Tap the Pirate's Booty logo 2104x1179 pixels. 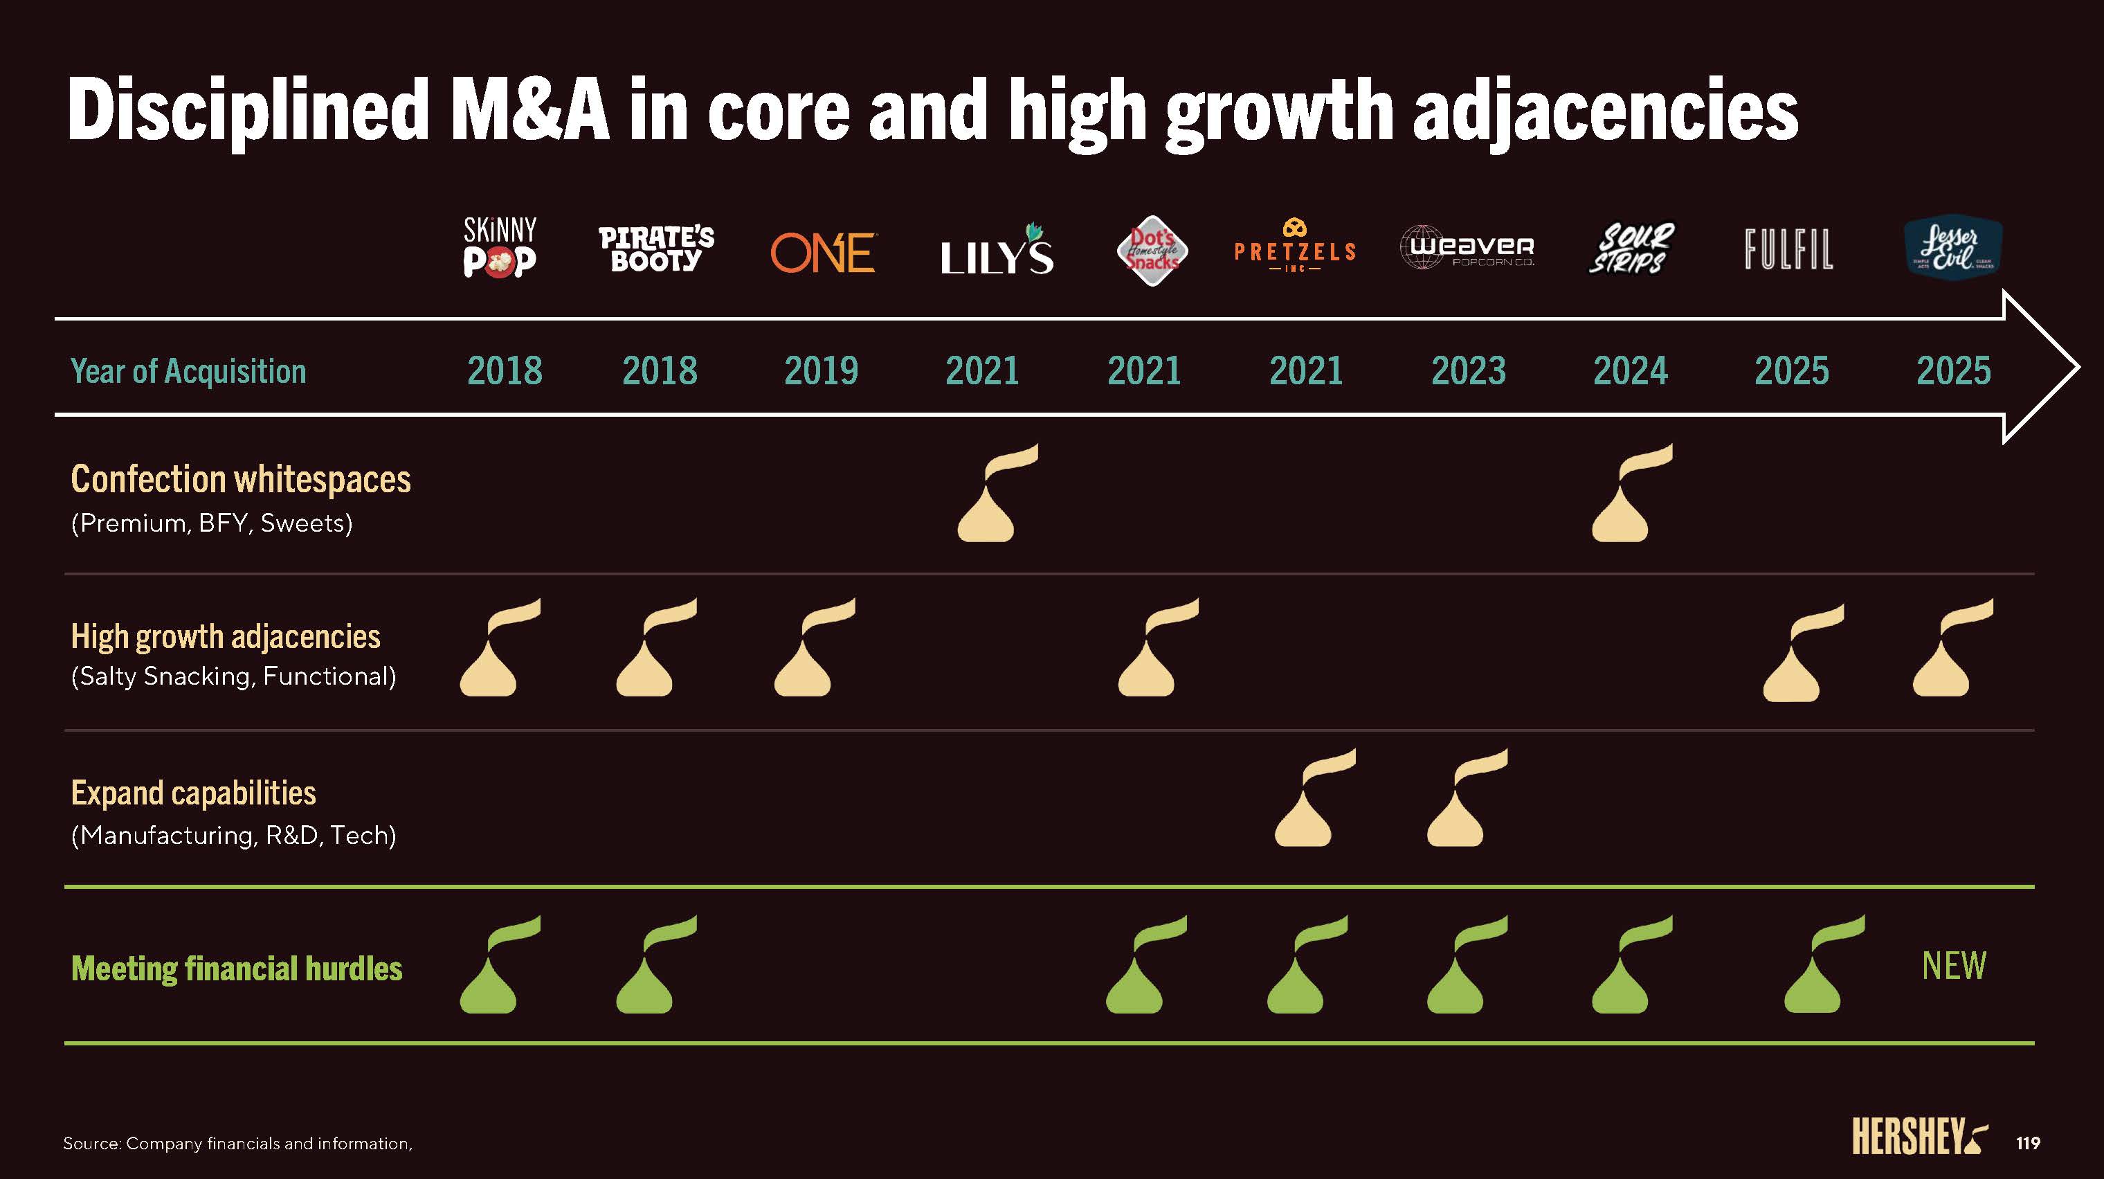click(x=656, y=249)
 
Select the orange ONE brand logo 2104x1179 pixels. click(x=822, y=253)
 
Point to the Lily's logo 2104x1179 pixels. click(x=997, y=249)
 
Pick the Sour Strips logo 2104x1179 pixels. click(x=1631, y=249)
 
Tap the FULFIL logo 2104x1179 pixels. click(x=1788, y=249)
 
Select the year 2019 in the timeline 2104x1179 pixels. click(x=821, y=371)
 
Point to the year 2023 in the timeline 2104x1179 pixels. click(x=1468, y=371)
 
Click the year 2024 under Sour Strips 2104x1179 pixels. click(x=1631, y=371)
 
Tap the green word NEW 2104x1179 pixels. click(x=1954, y=966)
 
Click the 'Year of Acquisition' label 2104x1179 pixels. click(x=189, y=371)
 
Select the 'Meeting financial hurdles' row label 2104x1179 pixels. click(x=237, y=969)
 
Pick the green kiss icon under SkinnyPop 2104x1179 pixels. click(x=493, y=971)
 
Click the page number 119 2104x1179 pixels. click(x=2028, y=1143)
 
